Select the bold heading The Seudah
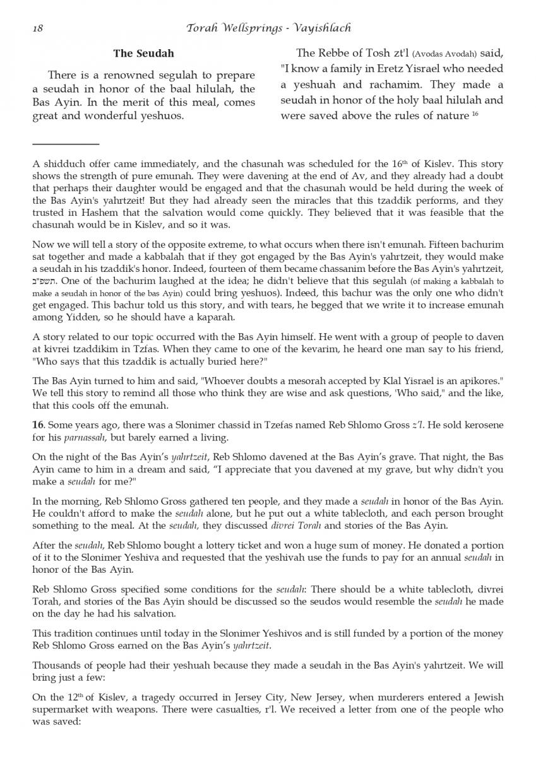143,54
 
